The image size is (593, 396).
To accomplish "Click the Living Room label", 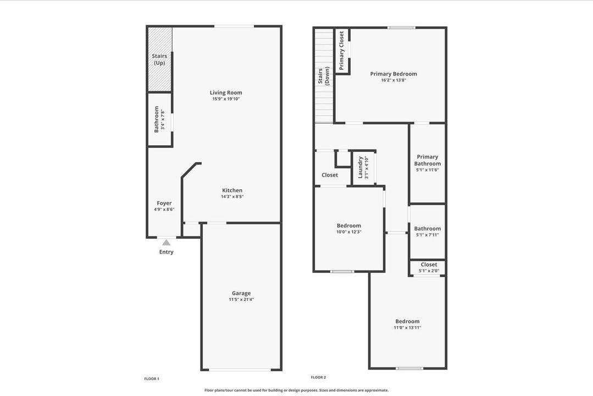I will (226, 92).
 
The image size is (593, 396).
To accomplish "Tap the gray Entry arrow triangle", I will (166, 243).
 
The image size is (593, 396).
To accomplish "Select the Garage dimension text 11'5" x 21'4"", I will (241, 300).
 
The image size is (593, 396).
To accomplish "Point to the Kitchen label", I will (232, 190).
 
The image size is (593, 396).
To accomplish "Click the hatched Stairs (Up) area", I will (159, 59).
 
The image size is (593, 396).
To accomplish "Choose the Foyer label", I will (164, 203).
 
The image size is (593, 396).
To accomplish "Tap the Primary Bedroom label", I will (394, 74).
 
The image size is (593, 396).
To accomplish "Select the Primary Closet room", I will (342, 51).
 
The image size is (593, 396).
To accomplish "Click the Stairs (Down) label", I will (324, 76).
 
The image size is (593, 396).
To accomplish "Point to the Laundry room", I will (363, 167).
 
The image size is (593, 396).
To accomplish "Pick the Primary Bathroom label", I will (428, 160).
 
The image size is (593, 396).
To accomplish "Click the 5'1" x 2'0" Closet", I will (429, 267).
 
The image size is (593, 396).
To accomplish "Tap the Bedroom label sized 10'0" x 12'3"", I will (349, 226).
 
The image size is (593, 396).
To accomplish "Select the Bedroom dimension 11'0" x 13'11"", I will (407, 328).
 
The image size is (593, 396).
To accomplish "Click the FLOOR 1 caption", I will (152, 378).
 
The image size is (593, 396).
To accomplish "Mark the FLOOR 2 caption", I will (318, 377).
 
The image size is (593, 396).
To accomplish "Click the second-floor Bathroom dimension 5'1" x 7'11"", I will (428, 235).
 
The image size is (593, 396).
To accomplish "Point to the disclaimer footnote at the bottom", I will (296, 390).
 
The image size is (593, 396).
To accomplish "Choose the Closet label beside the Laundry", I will (330, 175).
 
